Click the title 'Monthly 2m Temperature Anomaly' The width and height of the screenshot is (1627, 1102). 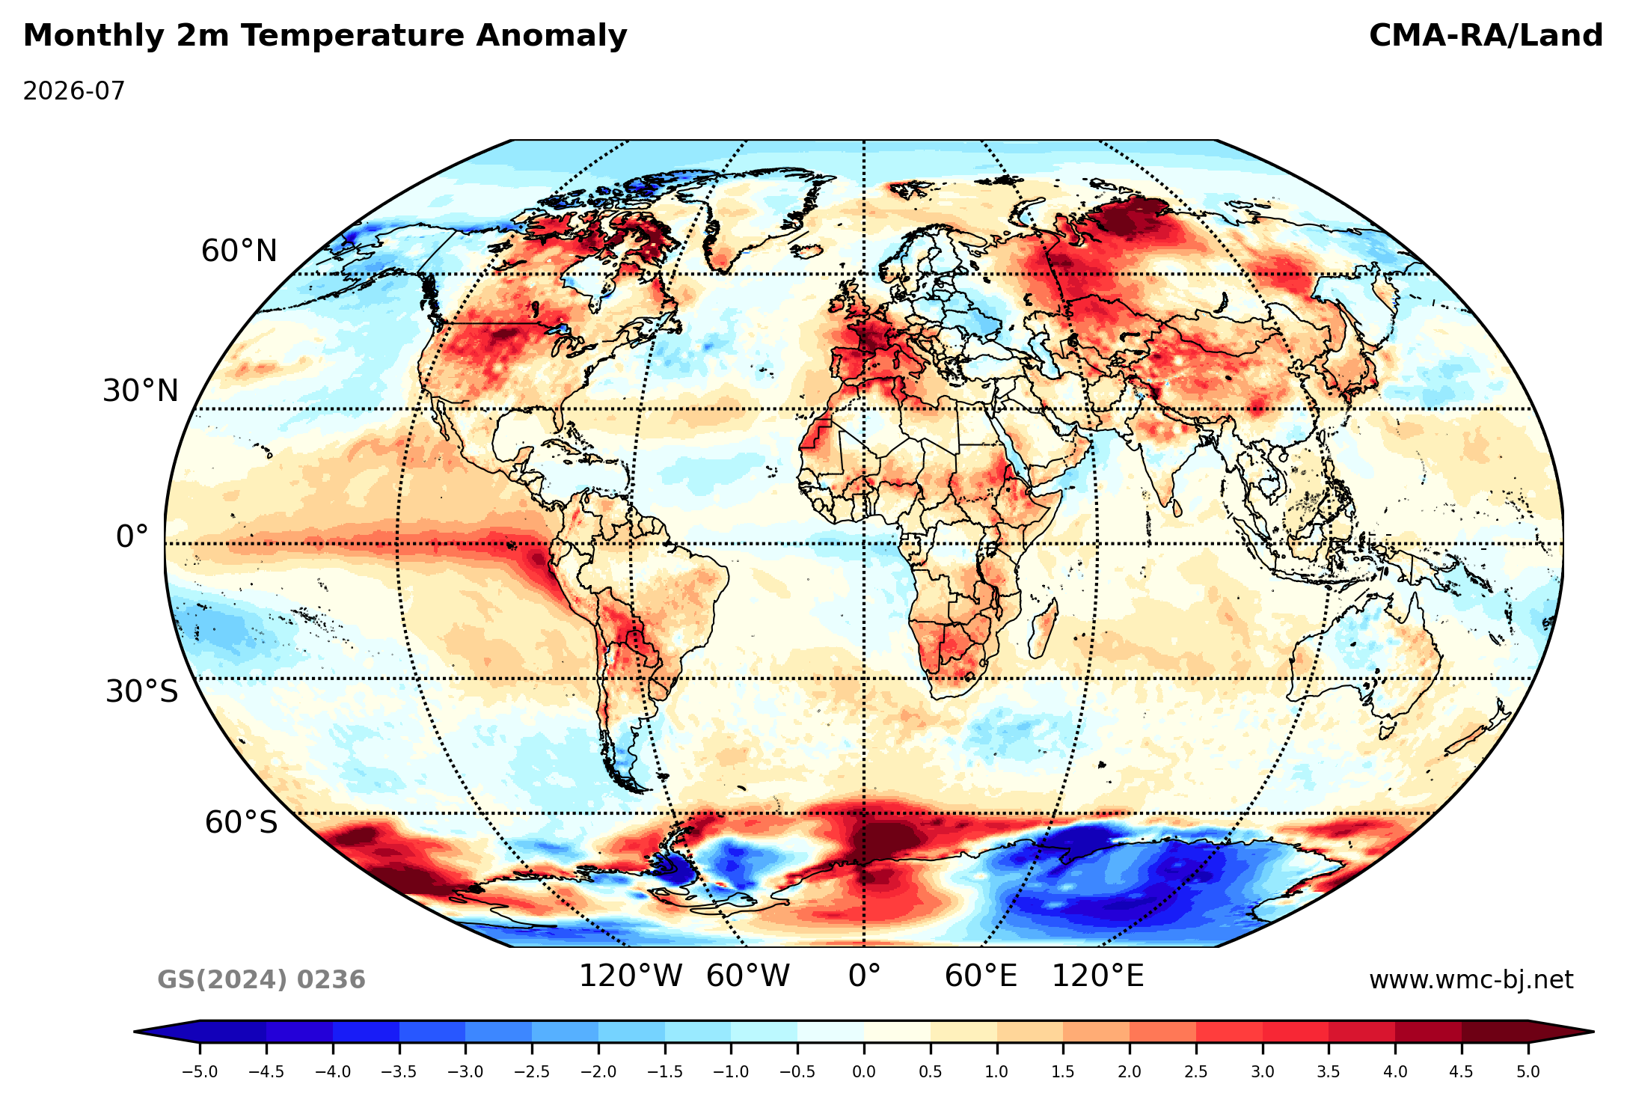click(325, 37)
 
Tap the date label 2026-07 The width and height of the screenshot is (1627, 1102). click(74, 91)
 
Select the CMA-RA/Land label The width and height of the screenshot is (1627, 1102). click(1486, 36)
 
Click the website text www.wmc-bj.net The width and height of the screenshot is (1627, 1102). click(1471, 980)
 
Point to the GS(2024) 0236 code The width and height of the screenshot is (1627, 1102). click(261, 980)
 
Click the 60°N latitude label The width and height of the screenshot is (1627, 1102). click(239, 251)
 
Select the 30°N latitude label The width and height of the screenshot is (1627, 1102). click(141, 391)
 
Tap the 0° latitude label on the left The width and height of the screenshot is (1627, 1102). click(132, 537)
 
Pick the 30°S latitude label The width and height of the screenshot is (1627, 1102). click(142, 692)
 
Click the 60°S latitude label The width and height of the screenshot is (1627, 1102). click(241, 823)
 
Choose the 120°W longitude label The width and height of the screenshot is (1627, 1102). click(631, 976)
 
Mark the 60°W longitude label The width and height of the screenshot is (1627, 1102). click(748, 976)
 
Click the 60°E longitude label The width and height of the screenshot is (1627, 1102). click(981, 976)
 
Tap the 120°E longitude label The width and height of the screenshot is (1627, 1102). click(1098, 976)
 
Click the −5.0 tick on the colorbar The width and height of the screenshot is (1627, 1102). click(200, 1072)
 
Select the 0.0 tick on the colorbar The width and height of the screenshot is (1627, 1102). click(864, 1072)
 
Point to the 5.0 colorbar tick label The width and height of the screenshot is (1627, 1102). click(1528, 1072)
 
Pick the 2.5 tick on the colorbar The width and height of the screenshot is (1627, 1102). click(1196, 1072)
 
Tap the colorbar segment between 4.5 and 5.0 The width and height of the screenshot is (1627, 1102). click(1495, 1032)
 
